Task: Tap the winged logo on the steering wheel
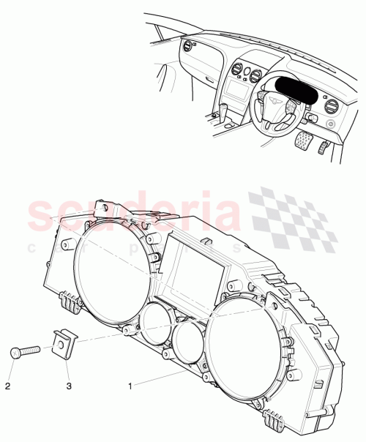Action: [x=274, y=101]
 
